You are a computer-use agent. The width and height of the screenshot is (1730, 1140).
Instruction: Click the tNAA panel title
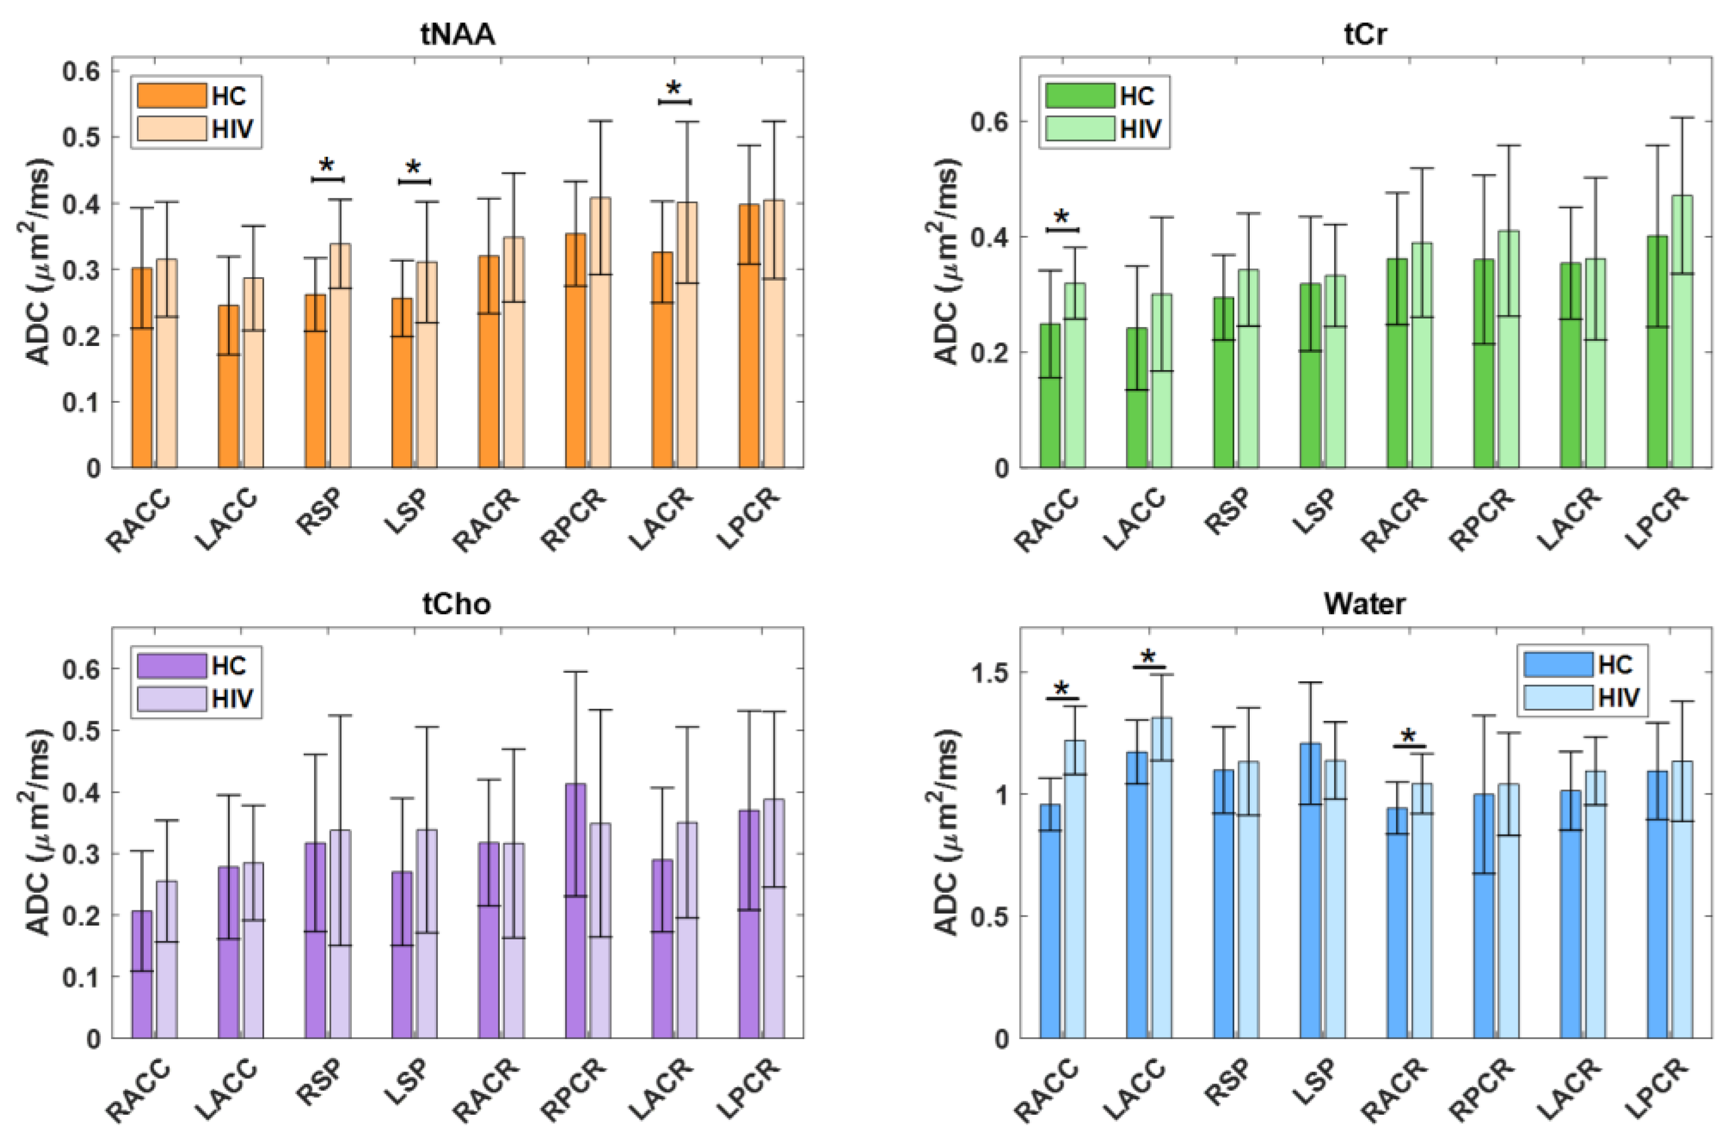tap(457, 34)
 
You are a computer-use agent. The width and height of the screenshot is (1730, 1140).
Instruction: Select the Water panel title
tap(1364, 603)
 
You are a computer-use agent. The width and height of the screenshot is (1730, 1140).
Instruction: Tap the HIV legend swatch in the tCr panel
tap(1079, 129)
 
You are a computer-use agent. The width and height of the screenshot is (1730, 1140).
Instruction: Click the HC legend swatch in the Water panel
tap(1558, 665)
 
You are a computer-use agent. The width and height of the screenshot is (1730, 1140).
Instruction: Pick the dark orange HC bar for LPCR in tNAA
tap(749, 341)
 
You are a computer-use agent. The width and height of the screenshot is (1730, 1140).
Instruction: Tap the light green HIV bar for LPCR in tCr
tap(1681, 335)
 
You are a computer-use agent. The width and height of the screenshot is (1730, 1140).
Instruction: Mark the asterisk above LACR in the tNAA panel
tap(674, 89)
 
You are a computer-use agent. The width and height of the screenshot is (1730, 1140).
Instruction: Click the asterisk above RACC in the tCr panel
tap(1062, 217)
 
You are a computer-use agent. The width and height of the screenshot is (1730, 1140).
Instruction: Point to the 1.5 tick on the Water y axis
tap(989, 673)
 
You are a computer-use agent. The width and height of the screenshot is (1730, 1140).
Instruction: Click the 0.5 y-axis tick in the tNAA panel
tap(81, 137)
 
